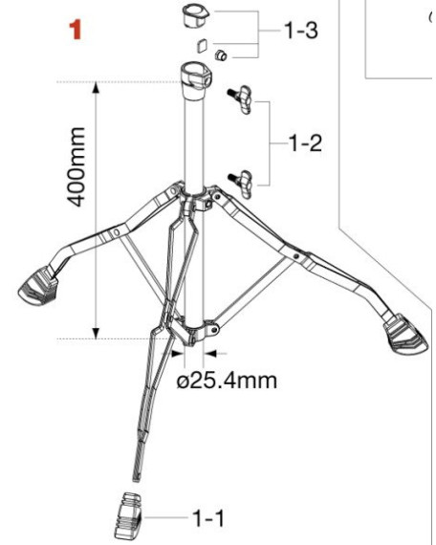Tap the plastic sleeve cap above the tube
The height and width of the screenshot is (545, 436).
[193, 17]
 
